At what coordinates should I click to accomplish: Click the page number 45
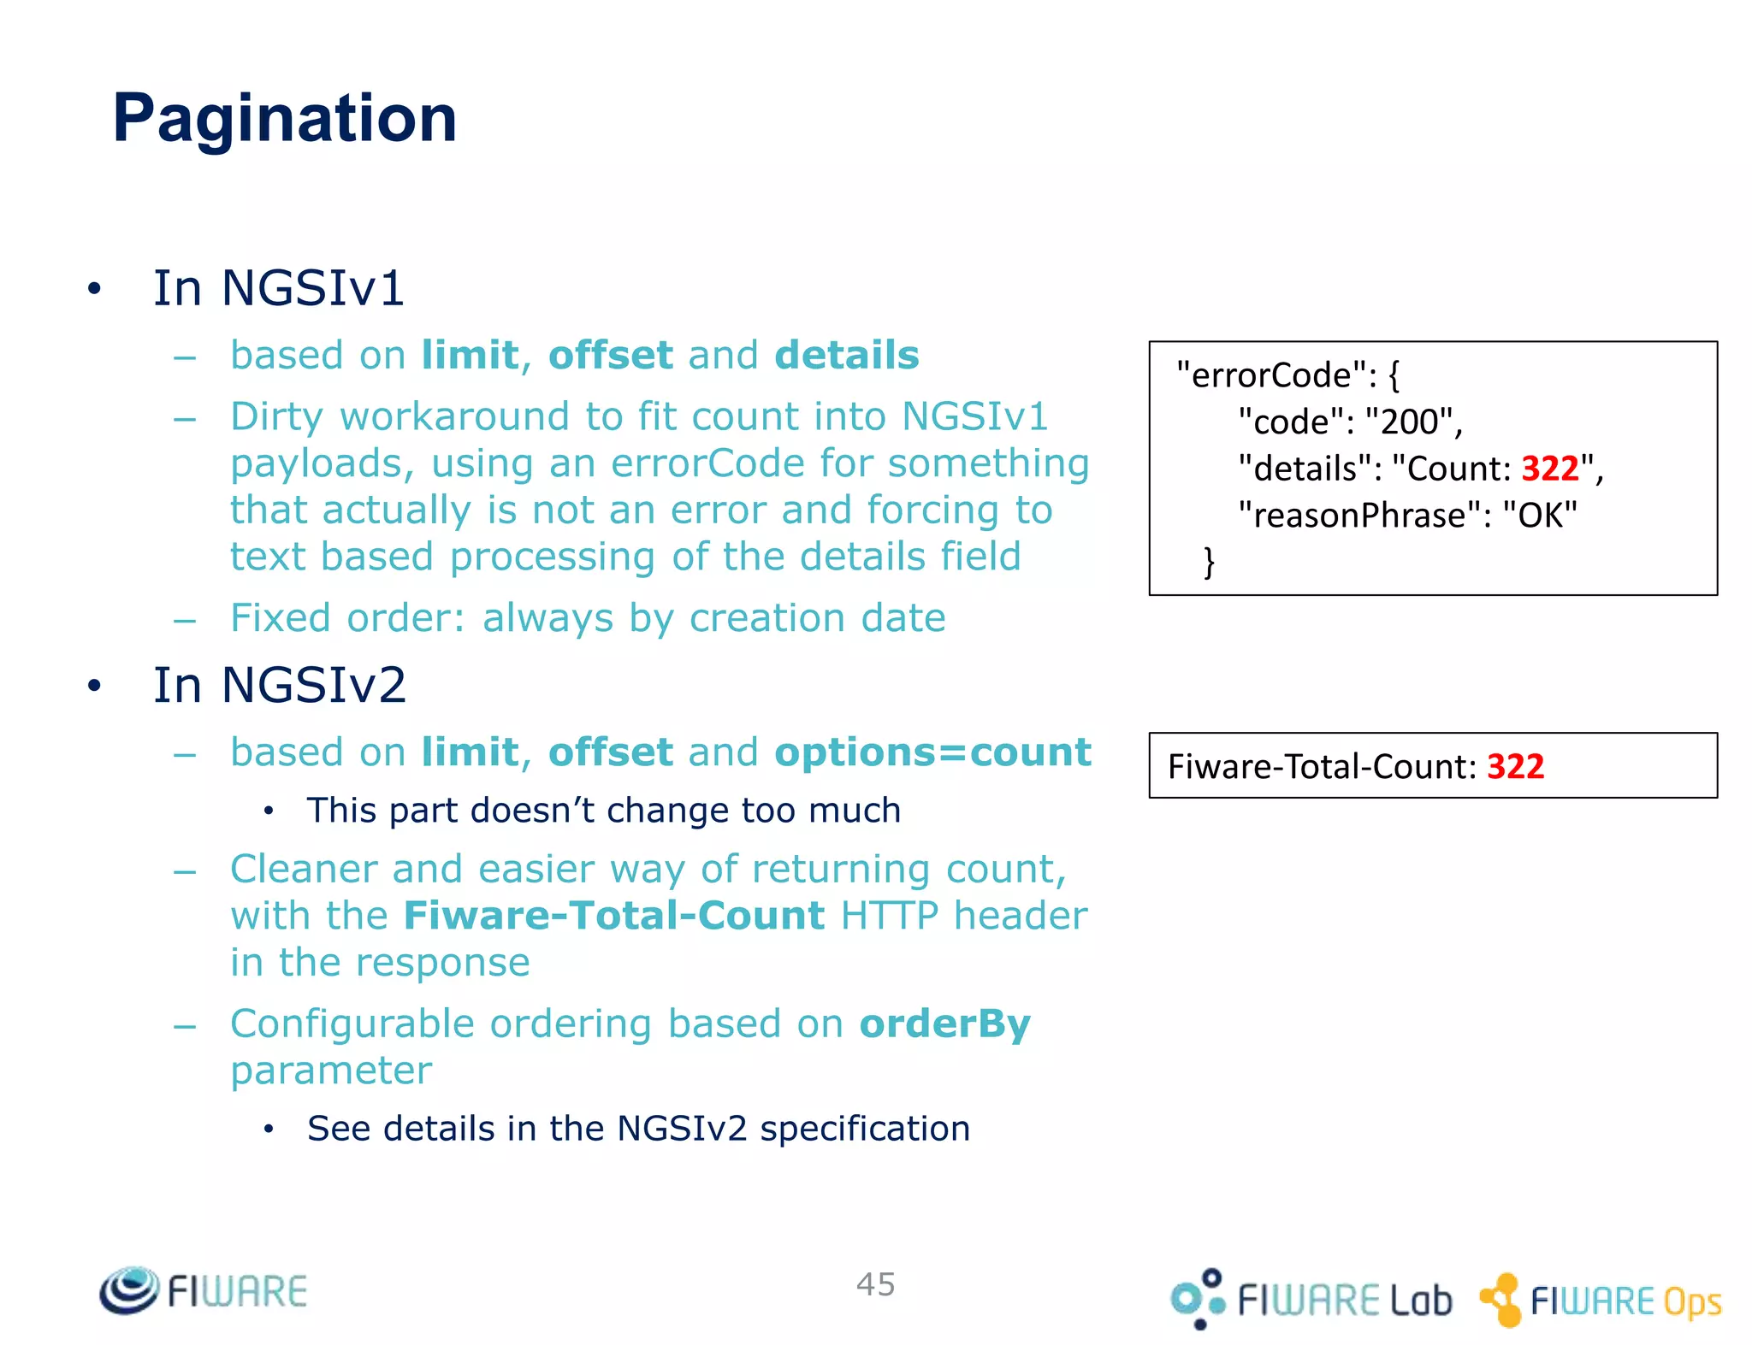tap(875, 1284)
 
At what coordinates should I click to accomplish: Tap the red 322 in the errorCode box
tap(1549, 469)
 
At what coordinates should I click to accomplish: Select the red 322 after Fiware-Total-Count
tap(1515, 766)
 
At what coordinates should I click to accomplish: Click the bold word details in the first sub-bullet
tap(846, 355)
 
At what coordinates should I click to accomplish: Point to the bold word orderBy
tap(944, 1023)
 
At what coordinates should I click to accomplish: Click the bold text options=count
tap(932, 752)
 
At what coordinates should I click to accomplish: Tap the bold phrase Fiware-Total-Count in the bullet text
tap(613, 916)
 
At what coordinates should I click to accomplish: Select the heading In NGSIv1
tap(278, 288)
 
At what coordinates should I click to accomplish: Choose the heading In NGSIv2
tap(279, 685)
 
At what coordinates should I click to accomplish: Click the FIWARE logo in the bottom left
tap(204, 1290)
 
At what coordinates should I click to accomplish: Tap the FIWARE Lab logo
tap(1311, 1299)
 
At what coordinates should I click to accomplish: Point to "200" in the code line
tap(1409, 422)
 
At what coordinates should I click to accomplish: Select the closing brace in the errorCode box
tap(1209, 562)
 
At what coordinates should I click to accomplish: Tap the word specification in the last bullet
tap(864, 1129)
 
